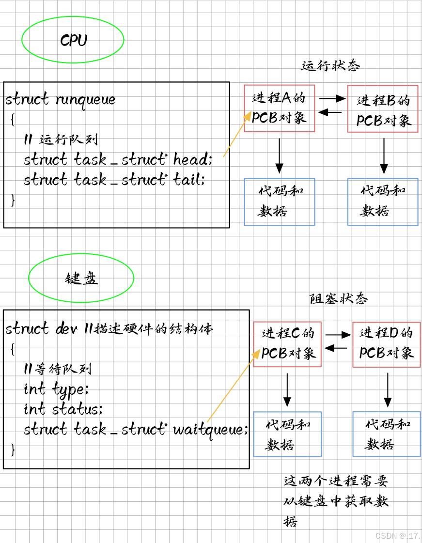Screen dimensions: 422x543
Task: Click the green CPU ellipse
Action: [73, 40]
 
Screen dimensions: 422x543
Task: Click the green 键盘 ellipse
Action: [81, 278]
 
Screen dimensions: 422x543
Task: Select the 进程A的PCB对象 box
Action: [280, 109]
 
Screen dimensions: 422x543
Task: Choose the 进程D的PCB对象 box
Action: [386, 343]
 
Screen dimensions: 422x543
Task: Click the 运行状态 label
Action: [330, 66]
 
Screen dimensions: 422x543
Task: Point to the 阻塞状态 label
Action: [338, 299]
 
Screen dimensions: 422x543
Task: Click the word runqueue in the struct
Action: [86, 100]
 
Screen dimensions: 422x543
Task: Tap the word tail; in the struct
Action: [189, 180]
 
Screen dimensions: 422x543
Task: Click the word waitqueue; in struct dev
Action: [210, 429]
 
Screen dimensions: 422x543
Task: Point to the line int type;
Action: [56, 389]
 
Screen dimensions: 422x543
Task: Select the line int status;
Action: [63, 409]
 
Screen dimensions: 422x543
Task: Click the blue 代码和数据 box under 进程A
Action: [280, 202]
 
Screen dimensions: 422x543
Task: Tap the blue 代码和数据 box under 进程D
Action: [386, 434]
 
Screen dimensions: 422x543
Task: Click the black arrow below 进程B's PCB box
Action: [384, 155]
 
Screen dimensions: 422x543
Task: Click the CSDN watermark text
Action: [397, 535]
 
